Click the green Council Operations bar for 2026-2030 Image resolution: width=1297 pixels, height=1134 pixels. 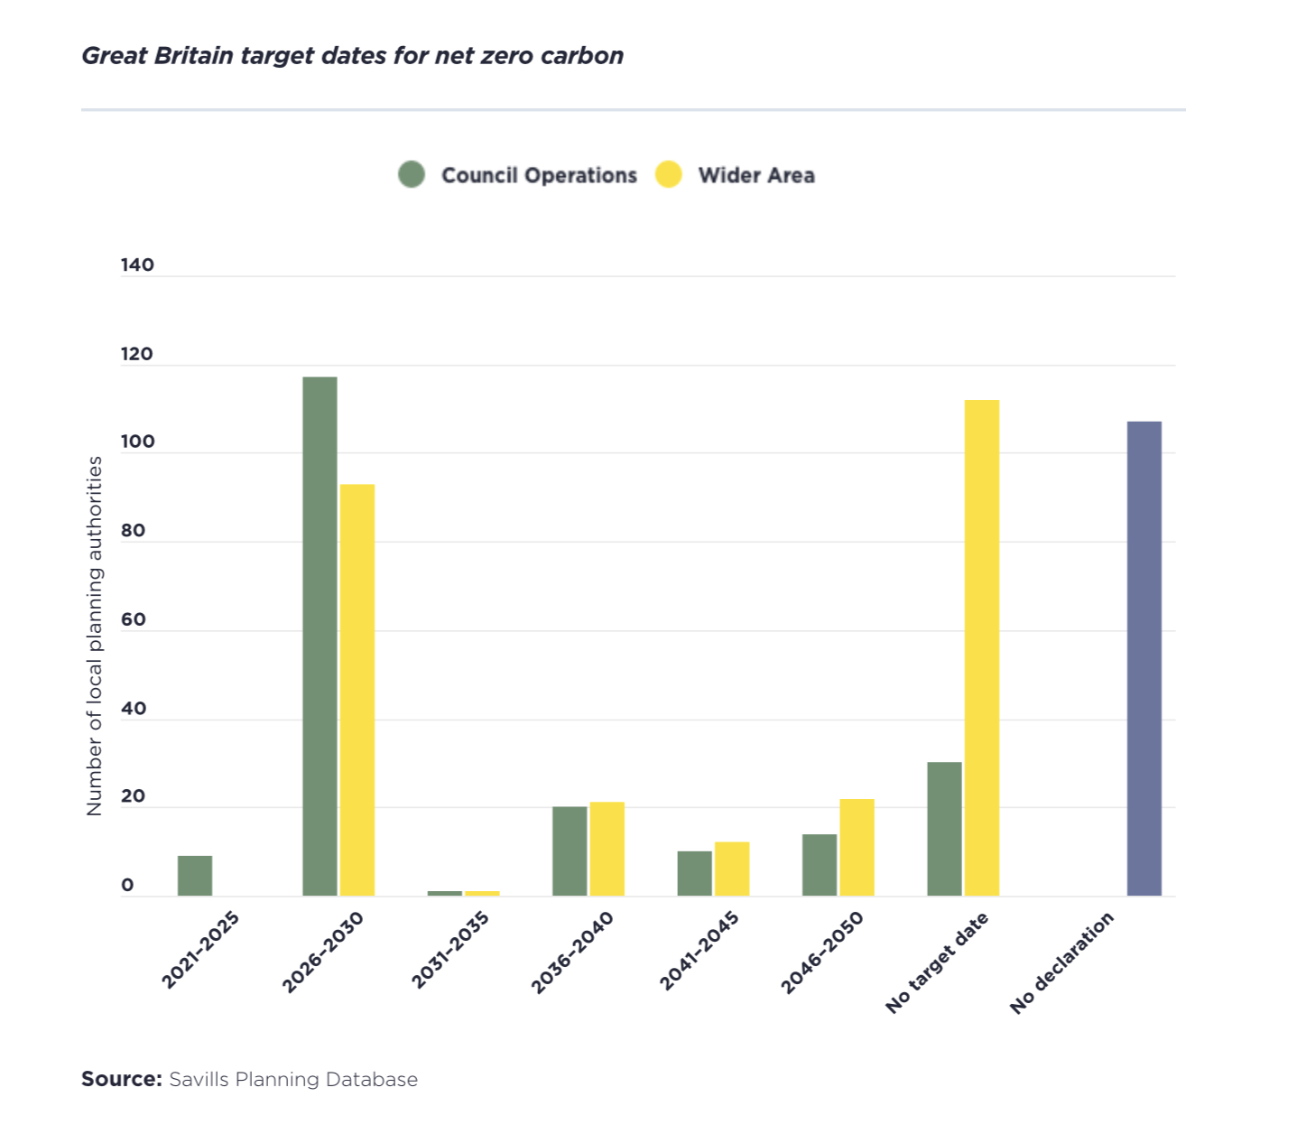pyautogui.click(x=320, y=636)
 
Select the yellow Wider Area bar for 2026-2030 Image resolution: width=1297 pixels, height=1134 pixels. pyautogui.click(x=357, y=690)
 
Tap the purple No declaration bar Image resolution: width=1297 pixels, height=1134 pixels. pyautogui.click(x=1144, y=658)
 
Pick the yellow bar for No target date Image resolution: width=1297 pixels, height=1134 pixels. pyautogui.click(x=981, y=647)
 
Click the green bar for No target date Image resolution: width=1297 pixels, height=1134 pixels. pyautogui.click(x=944, y=829)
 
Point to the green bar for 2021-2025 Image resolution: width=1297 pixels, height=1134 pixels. pyautogui.click(x=195, y=876)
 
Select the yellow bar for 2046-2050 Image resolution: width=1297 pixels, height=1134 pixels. pyautogui.click(x=857, y=847)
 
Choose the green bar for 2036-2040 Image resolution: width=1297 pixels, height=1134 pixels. pyautogui.click(x=570, y=850)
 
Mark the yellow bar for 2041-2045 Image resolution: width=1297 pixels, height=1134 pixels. pyautogui.click(x=732, y=869)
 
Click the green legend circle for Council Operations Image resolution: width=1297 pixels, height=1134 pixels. pyautogui.click(x=412, y=174)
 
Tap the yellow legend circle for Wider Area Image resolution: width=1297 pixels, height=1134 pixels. pyautogui.click(x=668, y=174)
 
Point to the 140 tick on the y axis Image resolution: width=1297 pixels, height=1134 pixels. pyautogui.click(x=137, y=265)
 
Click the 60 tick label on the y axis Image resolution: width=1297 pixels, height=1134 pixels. pyautogui.click(x=134, y=620)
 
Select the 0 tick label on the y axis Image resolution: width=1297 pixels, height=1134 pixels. pyautogui.click(x=127, y=886)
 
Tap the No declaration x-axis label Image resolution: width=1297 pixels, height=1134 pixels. pyautogui.click(x=1061, y=962)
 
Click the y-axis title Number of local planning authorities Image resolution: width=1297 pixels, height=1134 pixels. pyautogui.click(x=95, y=636)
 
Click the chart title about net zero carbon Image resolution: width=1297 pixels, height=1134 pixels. pyautogui.click(x=352, y=56)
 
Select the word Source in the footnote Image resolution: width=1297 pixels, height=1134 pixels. pyautogui.click(x=121, y=1079)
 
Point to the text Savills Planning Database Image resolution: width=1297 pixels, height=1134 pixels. pyautogui.click(x=293, y=1079)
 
